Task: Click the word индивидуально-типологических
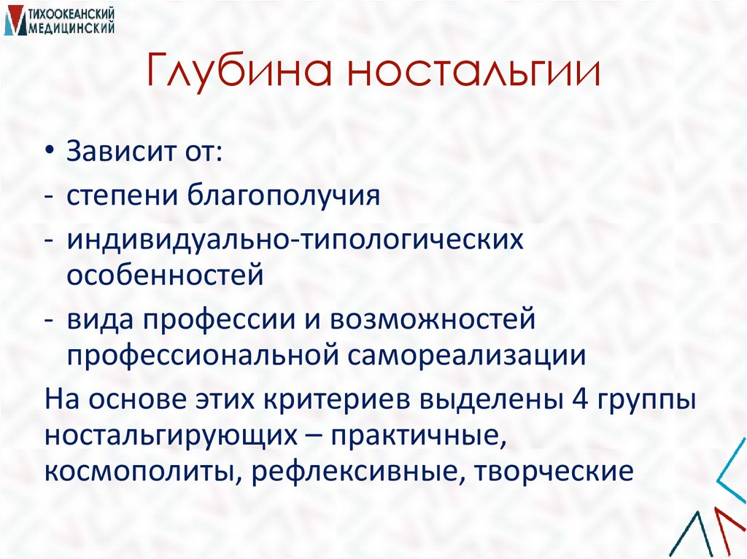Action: [x=295, y=240]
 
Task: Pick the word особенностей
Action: [x=164, y=275]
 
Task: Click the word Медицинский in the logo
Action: [x=72, y=27]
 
